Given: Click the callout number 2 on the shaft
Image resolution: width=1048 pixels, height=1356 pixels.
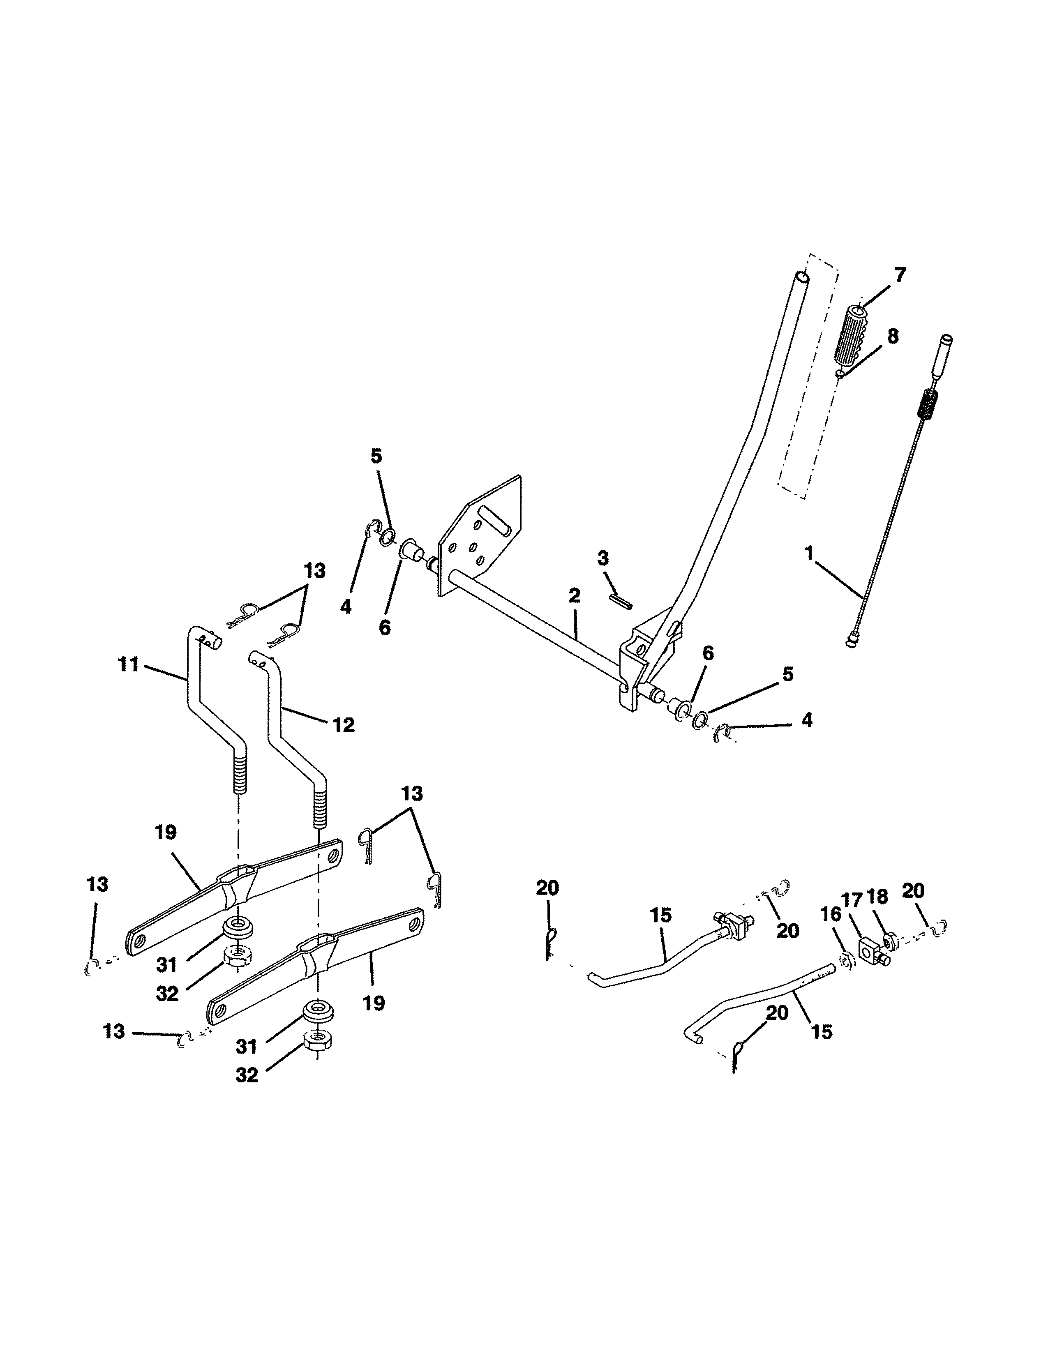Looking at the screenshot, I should (x=574, y=595).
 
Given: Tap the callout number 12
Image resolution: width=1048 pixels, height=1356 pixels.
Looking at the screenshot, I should (x=343, y=724).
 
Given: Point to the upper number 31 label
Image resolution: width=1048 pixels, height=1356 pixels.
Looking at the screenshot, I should (x=166, y=964).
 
